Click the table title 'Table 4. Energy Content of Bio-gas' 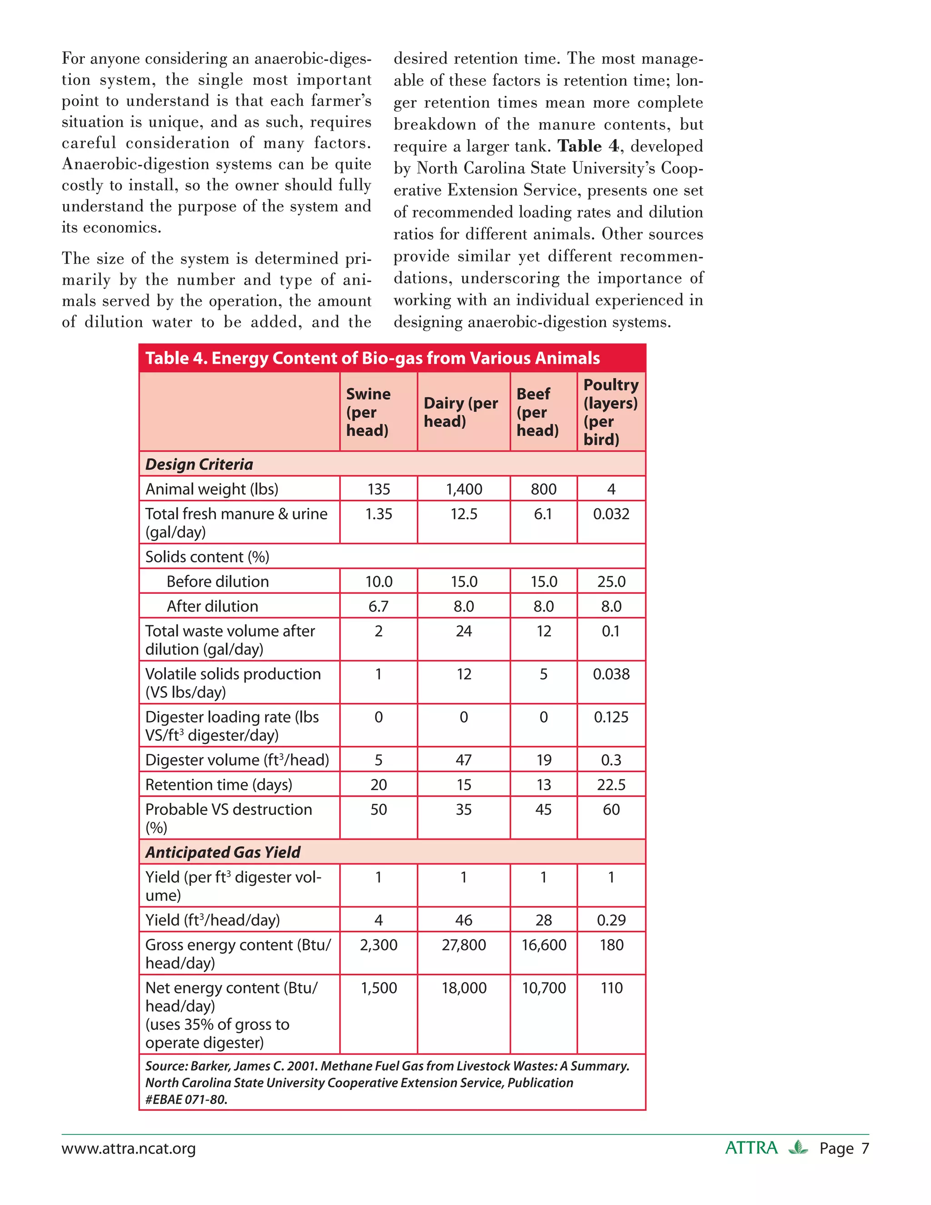pos(372,358)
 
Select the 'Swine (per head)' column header pos(368,412)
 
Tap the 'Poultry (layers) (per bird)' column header pos(611,412)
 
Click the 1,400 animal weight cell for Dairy pos(464,489)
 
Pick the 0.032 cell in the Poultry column pos(611,514)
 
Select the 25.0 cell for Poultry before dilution pos(611,582)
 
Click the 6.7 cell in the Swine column pos(378,606)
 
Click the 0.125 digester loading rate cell pos(611,717)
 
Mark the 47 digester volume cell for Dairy pos(463,760)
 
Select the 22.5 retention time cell pos(611,784)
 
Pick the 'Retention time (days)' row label pos(218,784)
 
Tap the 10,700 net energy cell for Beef pos(544,988)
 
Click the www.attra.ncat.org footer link pos(129,1149)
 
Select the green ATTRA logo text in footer pos(751,1148)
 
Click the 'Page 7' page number pos(844,1149)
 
